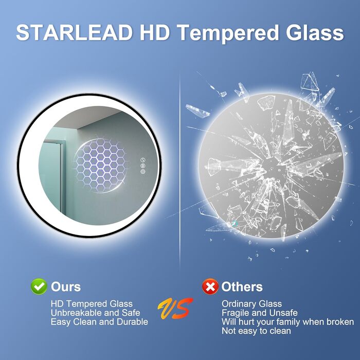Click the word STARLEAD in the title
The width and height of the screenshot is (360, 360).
[74, 33]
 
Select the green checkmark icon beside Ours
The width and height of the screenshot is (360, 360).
[39, 286]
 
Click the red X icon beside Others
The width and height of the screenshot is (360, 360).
[209, 286]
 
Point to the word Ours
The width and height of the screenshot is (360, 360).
[66, 286]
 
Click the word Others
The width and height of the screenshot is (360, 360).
[242, 286]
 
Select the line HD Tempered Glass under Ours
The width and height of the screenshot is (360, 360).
[92, 304]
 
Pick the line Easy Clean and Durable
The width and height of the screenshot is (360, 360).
[99, 321]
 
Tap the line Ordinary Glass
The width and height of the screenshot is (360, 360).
[251, 304]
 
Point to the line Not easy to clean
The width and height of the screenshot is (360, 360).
[256, 331]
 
